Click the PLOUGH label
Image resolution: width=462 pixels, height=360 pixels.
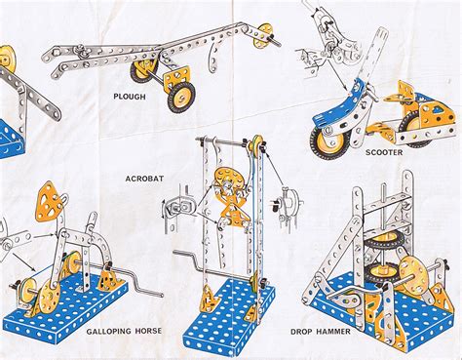pos(130,97)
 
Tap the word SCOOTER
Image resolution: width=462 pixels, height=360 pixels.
pos(384,152)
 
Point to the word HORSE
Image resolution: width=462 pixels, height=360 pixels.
pos(148,331)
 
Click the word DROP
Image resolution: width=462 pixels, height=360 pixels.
pos(301,332)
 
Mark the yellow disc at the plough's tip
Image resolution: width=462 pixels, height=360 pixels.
pos(262,36)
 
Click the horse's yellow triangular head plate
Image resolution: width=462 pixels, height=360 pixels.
pos(49,201)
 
